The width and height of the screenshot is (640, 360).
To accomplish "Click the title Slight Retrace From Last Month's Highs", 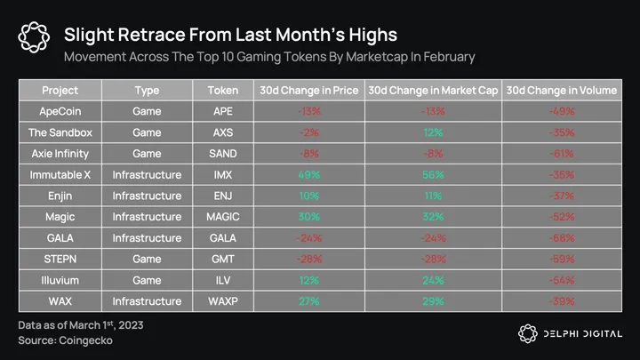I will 230,35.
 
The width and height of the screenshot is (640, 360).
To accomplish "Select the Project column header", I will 60,91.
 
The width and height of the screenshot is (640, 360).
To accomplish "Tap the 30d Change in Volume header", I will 561,91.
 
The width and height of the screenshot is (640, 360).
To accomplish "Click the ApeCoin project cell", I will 60,112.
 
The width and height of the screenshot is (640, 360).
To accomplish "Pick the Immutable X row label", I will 60,175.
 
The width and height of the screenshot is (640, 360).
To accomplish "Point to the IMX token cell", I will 222,175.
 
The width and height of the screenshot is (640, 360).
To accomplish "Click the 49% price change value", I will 309,175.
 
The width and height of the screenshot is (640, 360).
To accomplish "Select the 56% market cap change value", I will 434,175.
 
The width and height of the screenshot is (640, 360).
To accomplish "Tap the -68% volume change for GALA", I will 561,238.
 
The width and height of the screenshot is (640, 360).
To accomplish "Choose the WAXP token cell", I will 222,301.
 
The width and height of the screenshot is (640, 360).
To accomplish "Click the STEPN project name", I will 60,260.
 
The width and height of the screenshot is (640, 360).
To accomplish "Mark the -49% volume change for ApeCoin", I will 561,112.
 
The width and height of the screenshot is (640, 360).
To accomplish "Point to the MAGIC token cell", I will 222,217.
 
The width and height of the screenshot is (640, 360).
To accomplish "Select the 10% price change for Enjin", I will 309,196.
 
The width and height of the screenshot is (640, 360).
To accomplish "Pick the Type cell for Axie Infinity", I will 147,154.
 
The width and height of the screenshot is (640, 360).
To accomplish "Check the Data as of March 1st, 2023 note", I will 81,325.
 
